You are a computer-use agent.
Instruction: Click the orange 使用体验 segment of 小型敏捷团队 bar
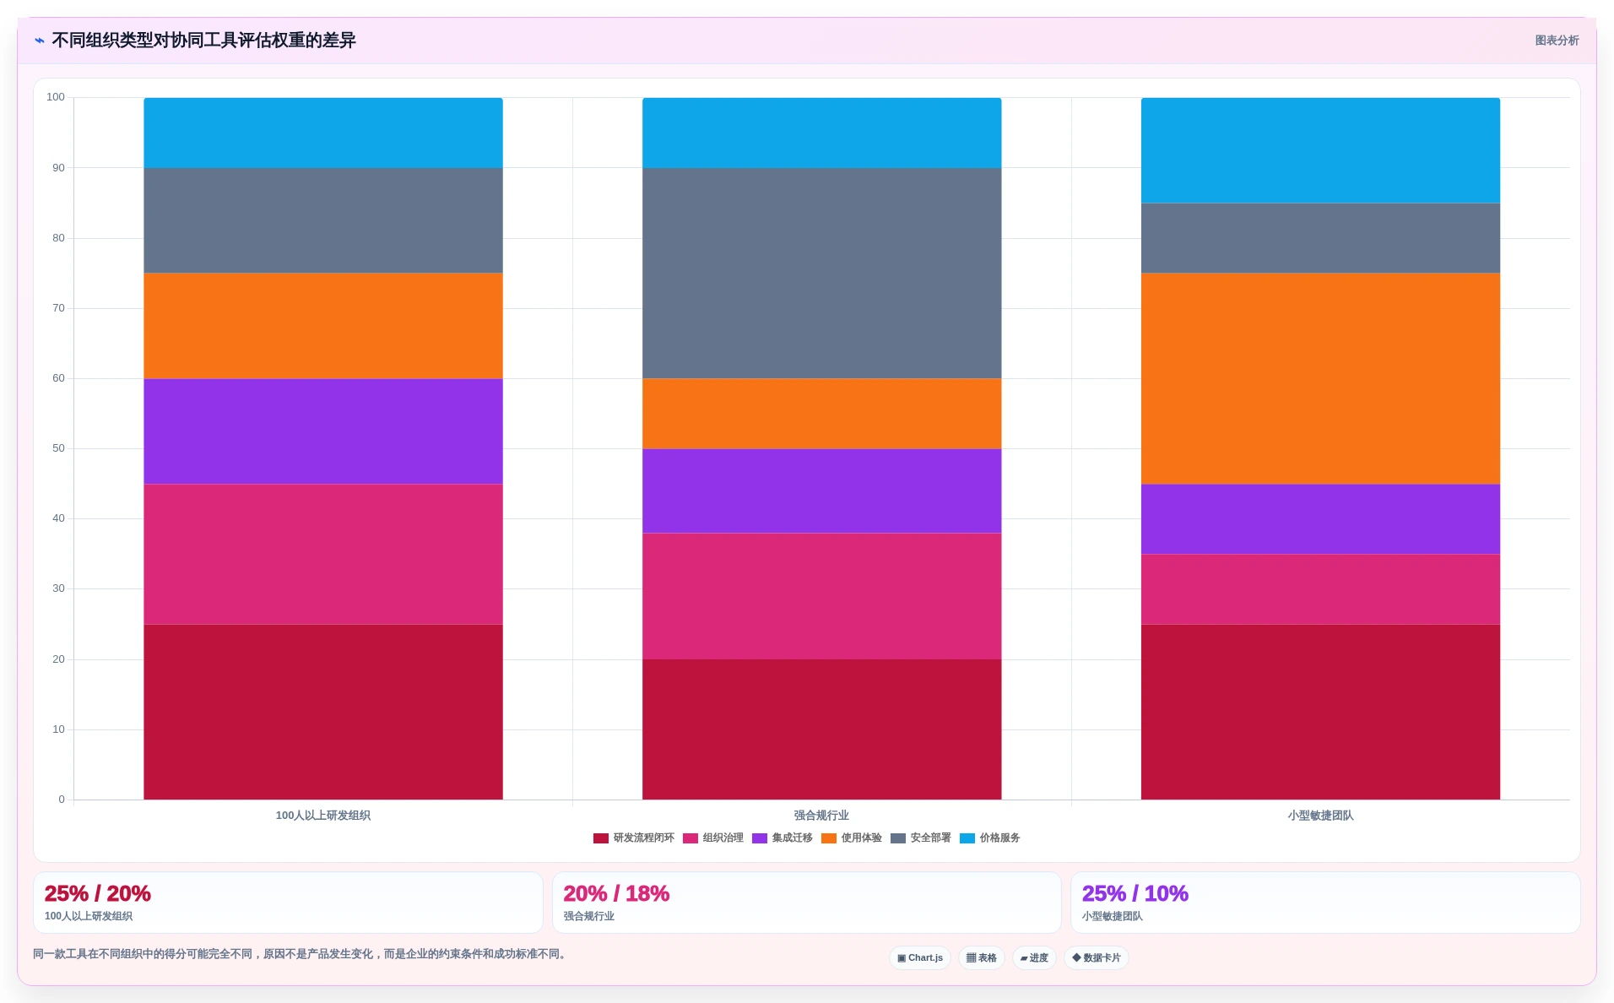point(1320,378)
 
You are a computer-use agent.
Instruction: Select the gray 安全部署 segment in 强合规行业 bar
point(821,273)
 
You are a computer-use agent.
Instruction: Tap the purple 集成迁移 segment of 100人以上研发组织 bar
point(323,431)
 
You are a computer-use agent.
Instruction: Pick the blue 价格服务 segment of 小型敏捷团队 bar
point(1320,150)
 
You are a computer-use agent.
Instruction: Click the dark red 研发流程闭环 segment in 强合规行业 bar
point(821,729)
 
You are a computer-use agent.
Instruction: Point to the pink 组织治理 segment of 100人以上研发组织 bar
point(323,554)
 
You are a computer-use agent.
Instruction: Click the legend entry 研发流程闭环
point(634,838)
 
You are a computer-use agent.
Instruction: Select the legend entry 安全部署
point(921,838)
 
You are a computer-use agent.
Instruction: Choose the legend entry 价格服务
point(990,838)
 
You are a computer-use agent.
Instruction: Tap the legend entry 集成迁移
point(783,838)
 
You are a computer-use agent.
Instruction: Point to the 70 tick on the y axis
point(58,308)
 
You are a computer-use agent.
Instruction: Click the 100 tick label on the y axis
point(56,97)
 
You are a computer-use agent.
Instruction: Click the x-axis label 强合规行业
point(821,816)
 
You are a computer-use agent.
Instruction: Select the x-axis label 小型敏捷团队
point(1320,816)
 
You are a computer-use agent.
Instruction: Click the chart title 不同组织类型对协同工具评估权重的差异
point(203,41)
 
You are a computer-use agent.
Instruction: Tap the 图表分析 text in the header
point(1557,41)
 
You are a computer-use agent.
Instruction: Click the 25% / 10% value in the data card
point(1135,893)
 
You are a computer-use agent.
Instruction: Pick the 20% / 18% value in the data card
point(616,893)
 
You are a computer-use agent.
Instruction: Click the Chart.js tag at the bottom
point(920,958)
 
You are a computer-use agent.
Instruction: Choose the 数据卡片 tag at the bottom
point(1096,958)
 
